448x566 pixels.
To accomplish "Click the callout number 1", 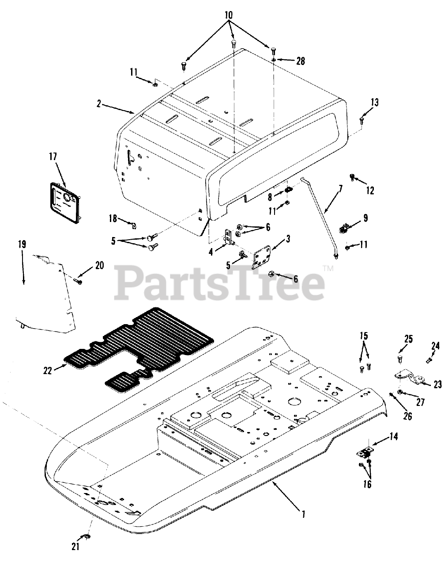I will point(303,514).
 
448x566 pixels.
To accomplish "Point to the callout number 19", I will point(22,244).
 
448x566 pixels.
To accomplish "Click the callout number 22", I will point(48,370).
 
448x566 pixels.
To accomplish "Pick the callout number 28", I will point(300,61).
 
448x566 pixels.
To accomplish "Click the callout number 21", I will point(75,547).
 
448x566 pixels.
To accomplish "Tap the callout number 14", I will point(393,437).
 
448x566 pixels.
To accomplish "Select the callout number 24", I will point(435,345).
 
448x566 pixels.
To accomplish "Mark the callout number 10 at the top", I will point(228,15).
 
